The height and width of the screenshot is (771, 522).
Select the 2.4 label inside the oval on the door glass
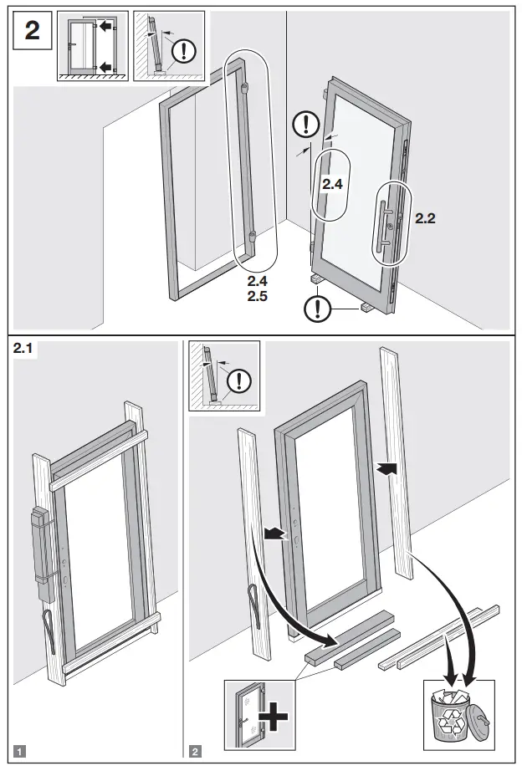[x=333, y=184]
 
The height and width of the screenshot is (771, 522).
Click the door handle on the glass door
[x=386, y=225]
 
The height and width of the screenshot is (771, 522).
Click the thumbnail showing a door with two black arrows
[x=92, y=46]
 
